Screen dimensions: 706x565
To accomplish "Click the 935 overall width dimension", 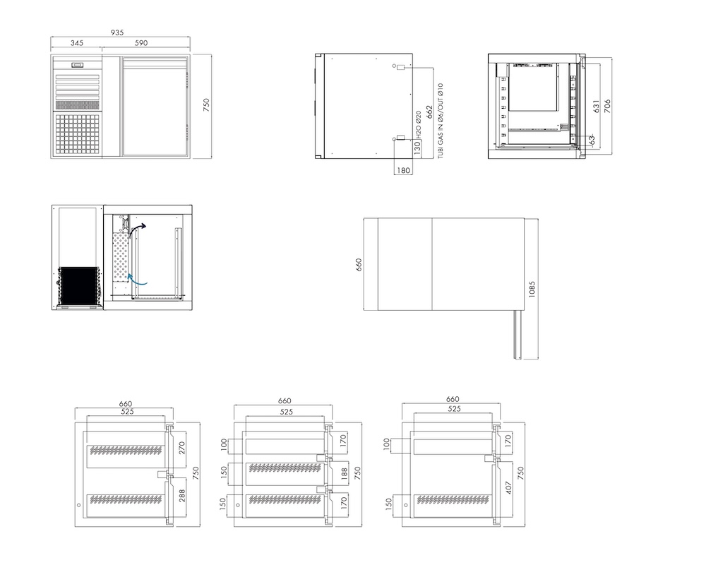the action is [x=117, y=32].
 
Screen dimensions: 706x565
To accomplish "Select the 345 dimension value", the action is [x=76, y=43].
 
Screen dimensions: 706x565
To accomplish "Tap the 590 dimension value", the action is [x=141, y=43].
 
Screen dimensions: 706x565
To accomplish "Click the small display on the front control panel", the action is [x=77, y=65].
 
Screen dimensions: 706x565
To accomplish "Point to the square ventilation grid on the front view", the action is [x=77, y=133].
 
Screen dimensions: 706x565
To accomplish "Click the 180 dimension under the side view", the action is [x=403, y=170].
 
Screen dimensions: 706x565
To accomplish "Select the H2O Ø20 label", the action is [x=418, y=124].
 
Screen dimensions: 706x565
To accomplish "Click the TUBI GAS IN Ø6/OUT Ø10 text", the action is [x=441, y=121].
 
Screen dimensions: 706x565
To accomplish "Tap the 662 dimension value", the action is [x=429, y=112].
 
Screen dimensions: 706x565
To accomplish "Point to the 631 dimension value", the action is [x=596, y=107].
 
